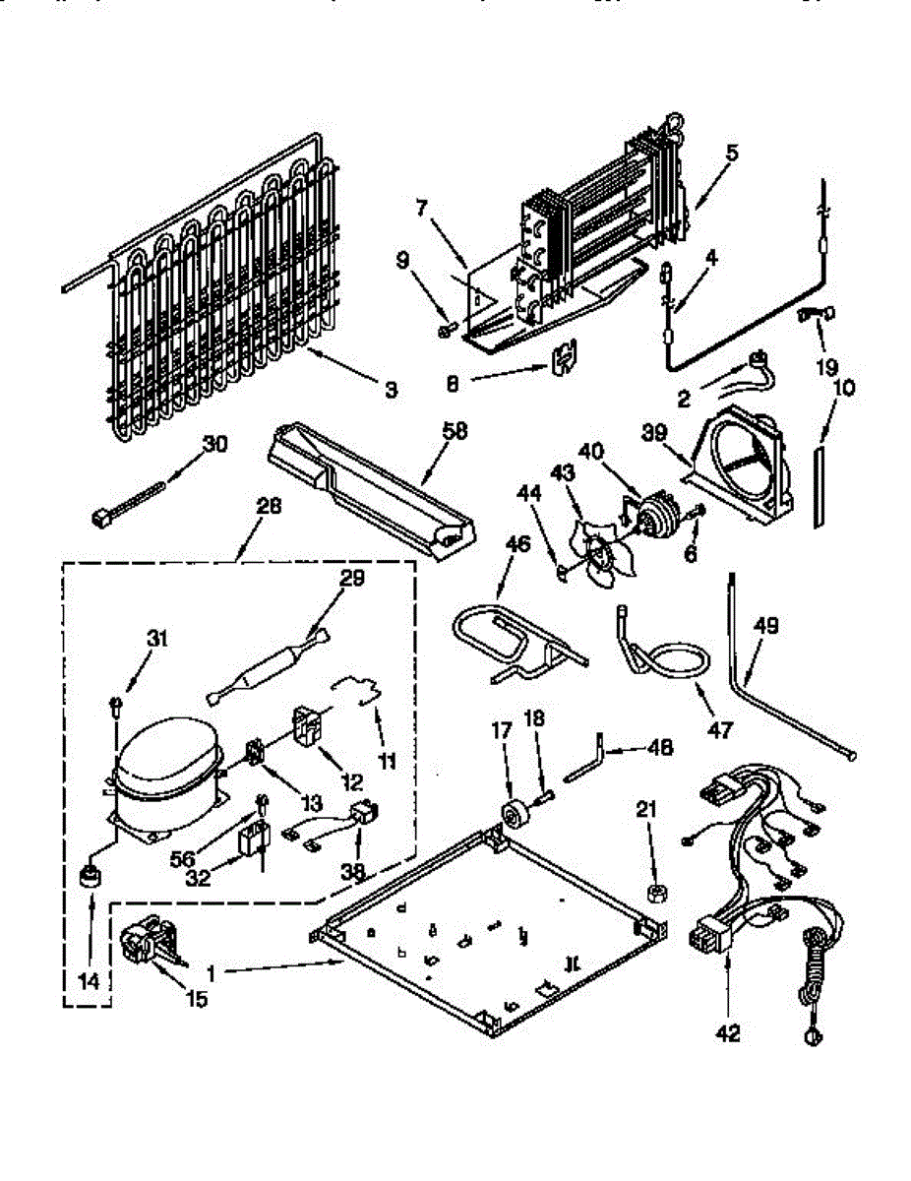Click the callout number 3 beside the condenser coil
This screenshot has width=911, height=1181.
(392, 391)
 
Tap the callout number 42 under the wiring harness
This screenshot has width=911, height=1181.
(729, 1033)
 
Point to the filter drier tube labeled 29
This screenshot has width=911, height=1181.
(265, 669)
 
